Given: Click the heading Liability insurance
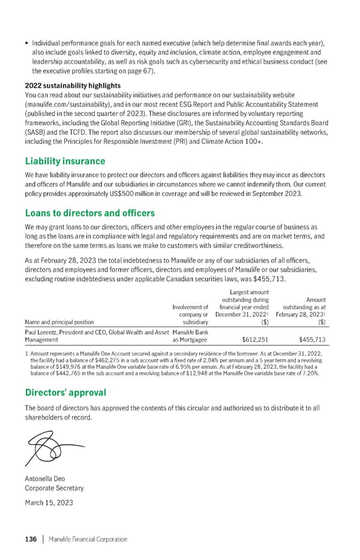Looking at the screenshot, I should tap(65, 161).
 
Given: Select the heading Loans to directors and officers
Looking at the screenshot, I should tap(89, 213).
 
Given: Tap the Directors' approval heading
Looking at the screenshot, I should tap(66, 393).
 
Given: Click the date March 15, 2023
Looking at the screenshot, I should tap(49, 502).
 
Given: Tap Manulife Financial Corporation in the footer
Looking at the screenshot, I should tap(88, 539).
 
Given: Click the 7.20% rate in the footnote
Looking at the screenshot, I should tap(312, 372).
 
